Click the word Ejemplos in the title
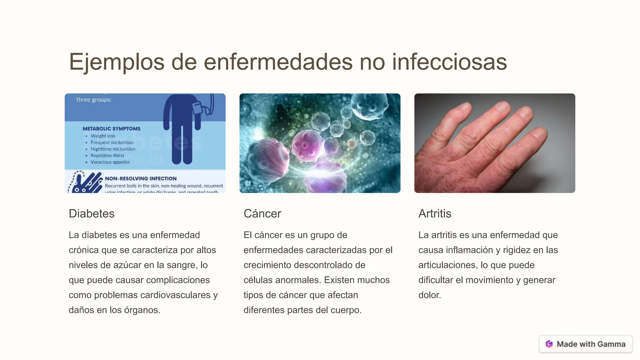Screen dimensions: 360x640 (x=116, y=62)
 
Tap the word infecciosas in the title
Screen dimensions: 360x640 (x=449, y=62)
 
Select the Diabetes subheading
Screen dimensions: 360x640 (x=92, y=214)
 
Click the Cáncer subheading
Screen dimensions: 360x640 (x=262, y=214)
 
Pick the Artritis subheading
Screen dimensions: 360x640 (x=435, y=214)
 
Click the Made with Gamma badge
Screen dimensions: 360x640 (x=586, y=344)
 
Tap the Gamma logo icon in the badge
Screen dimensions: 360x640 (x=549, y=344)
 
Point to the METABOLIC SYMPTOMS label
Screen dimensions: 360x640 (x=112, y=129)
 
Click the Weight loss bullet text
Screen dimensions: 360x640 (x=103, y=136)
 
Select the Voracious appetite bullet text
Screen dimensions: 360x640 (x=110, y=162)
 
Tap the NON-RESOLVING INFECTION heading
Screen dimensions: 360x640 (x=141, y=179)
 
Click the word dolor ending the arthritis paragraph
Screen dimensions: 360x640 (x=429, y=295)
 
